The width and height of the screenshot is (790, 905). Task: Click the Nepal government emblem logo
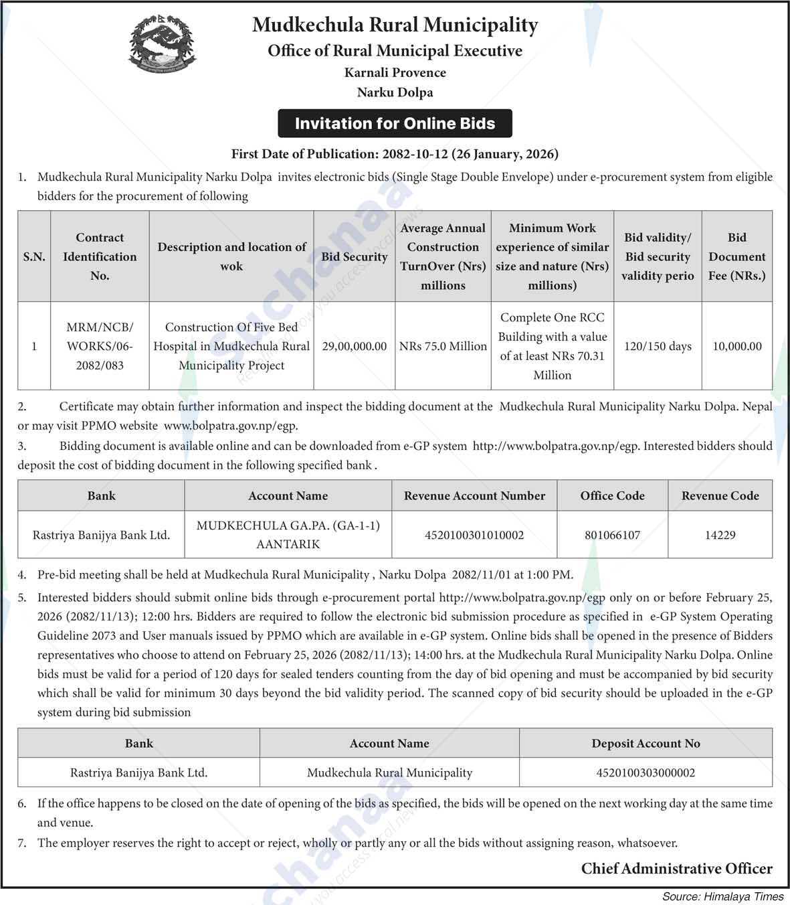click(163, 45)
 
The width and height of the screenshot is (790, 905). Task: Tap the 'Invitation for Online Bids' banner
click(395, 124)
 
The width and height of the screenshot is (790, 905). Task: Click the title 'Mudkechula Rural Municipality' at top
click(395, 25)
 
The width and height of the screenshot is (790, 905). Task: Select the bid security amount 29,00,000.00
click(355, 346)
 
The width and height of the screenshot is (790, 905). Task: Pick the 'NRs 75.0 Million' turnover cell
click(443, 346)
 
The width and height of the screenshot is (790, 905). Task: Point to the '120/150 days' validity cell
click(658, 346)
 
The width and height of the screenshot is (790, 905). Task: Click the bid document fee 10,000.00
click(737, 346)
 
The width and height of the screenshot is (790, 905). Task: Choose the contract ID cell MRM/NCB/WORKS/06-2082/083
click(100, 346)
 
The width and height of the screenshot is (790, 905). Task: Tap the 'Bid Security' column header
click(355, 256)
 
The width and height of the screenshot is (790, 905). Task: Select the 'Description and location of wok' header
click(231, 256)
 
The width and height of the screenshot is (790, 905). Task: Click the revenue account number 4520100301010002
click(474, 535)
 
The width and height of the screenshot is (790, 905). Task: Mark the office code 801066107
click(612, 535)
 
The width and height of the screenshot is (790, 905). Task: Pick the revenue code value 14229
click(720, 535)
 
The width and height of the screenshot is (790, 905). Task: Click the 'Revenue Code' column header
click(720, 496)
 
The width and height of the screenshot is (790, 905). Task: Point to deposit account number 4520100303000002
click(646, 772)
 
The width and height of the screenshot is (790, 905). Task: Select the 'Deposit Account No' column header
click(646, 744)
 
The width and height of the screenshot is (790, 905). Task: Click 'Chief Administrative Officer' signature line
click(676, 869)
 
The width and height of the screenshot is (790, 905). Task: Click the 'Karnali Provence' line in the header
click(395, 72)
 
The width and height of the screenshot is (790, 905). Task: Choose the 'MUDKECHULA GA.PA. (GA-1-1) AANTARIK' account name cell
click(288, 535)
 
